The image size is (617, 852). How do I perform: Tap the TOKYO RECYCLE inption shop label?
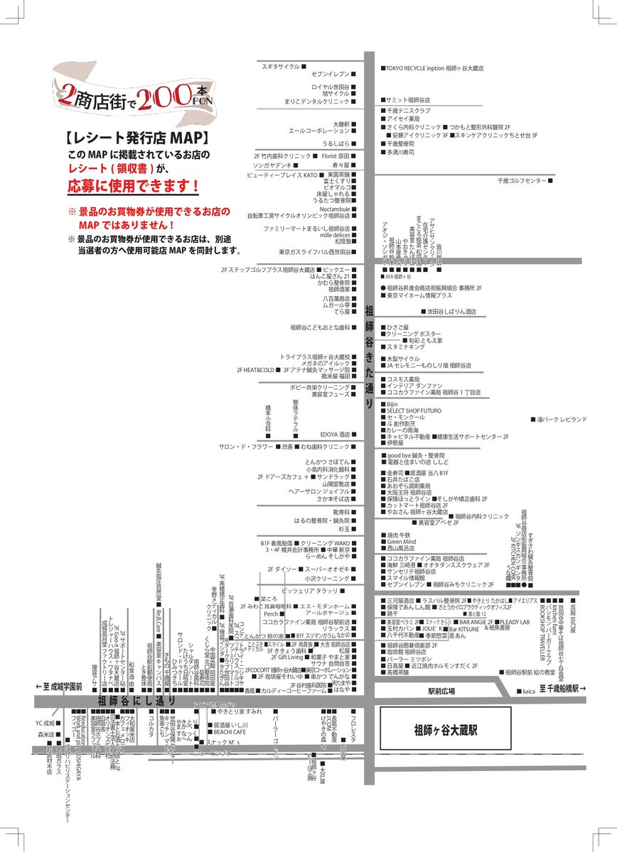click(x=434, y=68)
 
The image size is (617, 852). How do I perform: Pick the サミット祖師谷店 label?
click(x=409, y=100)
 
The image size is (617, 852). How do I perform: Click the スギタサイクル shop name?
click(x=280, y=65)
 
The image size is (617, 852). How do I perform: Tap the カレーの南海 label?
click(x=402, y=430)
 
